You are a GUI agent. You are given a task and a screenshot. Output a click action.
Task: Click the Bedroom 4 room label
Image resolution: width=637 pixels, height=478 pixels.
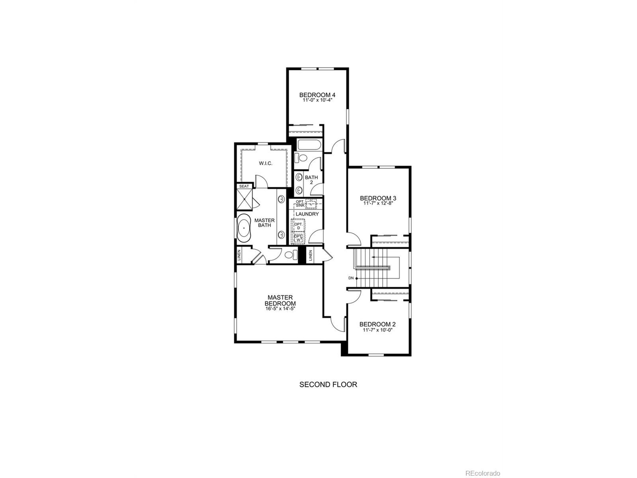click(x=317, y=95)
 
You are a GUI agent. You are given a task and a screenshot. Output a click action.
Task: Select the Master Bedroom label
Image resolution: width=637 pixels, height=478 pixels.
click(x=280, y=300)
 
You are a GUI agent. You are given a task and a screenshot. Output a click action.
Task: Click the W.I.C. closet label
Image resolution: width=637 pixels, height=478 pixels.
click(x=265, y=163)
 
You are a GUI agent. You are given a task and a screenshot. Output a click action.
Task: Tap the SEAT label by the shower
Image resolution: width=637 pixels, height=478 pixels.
click(x=244, y=186)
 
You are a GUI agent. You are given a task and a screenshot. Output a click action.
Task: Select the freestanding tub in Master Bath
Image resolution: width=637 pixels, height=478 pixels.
click(x=244, y=227)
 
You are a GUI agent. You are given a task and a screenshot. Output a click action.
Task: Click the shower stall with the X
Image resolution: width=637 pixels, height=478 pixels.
click(x=244, y=199)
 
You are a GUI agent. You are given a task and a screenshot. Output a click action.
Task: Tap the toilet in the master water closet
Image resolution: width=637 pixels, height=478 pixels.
click(x=290, y=255)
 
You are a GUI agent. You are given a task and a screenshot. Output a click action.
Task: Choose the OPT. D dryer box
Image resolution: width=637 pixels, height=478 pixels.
click(x=298, y=226)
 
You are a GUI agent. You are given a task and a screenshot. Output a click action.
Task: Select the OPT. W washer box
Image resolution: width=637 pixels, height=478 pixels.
click(x=298, y=238)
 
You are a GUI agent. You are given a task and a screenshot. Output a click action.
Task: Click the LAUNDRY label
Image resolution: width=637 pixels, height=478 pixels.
click(x=307, y=214)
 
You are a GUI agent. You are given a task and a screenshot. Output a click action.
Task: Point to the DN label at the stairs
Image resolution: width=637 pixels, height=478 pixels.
click(x=351, y=278)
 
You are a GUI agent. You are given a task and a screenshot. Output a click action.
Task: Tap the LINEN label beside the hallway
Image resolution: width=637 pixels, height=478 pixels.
click(x=310, y=255)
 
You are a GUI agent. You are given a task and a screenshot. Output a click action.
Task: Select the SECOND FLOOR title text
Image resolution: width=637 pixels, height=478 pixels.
click(x=328, y=385)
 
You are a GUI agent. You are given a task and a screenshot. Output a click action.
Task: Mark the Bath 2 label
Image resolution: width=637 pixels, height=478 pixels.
click(x=311, y=180)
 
